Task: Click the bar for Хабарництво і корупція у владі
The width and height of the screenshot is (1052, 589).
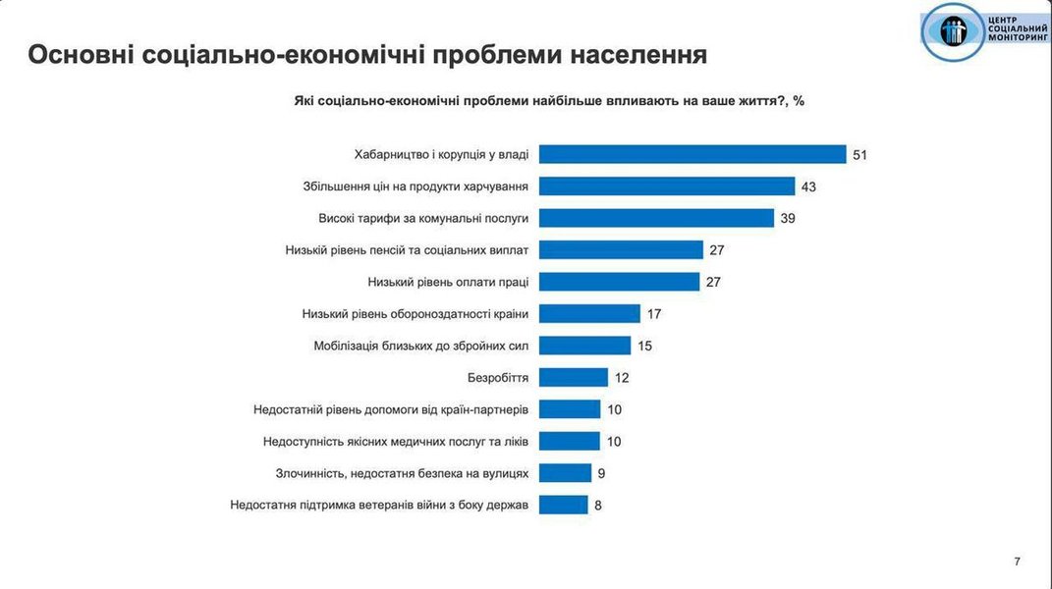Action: point(692,154)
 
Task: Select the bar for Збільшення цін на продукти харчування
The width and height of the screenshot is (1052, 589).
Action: point(667,186)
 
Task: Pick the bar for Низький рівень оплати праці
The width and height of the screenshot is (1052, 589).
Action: point(621,282)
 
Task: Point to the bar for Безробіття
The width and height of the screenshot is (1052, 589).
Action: point(574,377)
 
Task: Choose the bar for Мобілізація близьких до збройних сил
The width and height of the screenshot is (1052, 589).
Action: point(584,346)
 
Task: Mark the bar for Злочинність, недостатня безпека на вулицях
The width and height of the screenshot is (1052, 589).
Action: point(566,473)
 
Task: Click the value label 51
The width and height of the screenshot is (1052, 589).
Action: point(860,155)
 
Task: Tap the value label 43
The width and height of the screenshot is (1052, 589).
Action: point(808,187)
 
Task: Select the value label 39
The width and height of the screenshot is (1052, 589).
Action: point(788,218)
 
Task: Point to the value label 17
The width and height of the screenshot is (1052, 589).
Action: point(654,314)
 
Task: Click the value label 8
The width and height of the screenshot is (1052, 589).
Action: point(598,506)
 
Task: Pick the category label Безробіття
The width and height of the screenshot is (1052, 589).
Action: point(498,378)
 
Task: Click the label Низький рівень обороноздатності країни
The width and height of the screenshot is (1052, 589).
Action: point(416,314)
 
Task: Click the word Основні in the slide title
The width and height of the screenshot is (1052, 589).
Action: point(80,54)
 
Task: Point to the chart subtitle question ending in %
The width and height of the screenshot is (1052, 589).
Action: point(549,100)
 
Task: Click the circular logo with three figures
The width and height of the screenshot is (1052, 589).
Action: point(954,31)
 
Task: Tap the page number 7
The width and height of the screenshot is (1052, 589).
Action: point(1017,562)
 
